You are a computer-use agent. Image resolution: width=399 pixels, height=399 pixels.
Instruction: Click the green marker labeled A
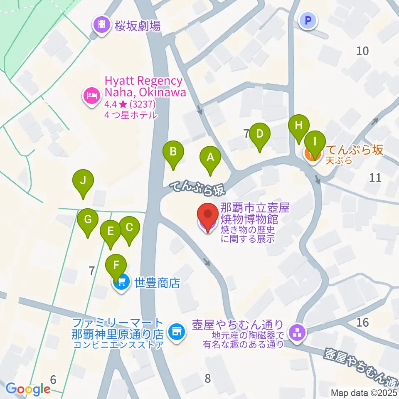(210, 158)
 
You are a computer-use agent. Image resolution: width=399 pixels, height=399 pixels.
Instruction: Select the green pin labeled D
(260, 134)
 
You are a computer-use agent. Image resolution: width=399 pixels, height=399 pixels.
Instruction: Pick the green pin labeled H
(299, 126)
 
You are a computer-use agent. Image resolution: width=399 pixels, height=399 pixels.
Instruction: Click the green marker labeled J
(83, 181)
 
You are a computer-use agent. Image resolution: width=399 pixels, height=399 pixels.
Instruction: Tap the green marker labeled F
(116, 264)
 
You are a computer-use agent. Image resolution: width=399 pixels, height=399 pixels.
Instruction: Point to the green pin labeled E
(111, 231)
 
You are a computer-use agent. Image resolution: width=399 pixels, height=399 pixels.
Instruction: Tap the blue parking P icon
(308, 20)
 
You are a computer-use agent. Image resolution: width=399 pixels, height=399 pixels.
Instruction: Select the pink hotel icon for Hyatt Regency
(92, 96)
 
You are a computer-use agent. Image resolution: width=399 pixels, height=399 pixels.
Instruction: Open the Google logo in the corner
(28, 389)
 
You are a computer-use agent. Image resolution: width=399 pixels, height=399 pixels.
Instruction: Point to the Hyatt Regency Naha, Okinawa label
(144, 86)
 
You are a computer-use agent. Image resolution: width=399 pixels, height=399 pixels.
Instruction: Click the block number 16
(362, 322)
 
